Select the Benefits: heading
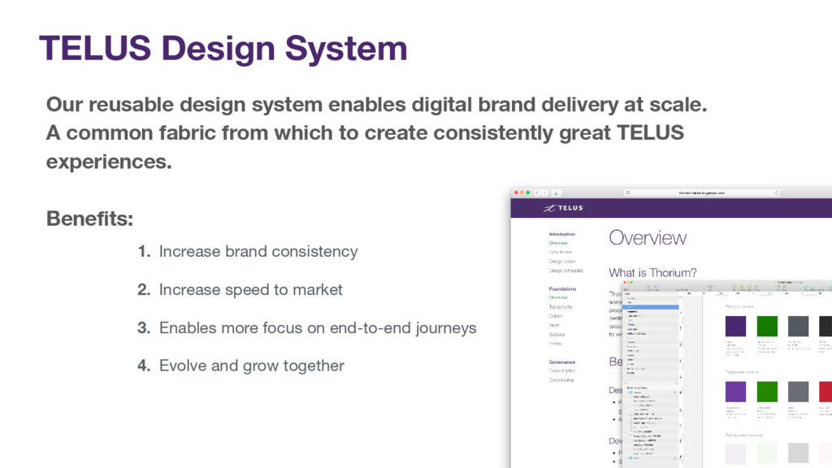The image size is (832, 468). point(89,219)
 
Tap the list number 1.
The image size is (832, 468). point(144,252)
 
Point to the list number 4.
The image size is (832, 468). point(144,366)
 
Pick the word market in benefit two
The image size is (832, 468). point(318,290)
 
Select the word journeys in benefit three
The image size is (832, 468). point(442,328)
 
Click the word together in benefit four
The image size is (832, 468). point(314,366)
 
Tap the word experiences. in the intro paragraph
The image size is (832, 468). point(109,161)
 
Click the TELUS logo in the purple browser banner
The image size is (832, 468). point(562,208)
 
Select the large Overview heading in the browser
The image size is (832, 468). point(648,238)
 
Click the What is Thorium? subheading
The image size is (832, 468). point(652,273)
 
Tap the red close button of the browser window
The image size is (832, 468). point(516,193)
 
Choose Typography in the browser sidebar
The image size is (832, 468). point(561,307)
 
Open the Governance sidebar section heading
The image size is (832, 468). point(561,362)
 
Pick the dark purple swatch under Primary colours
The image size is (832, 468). point(735,326)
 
